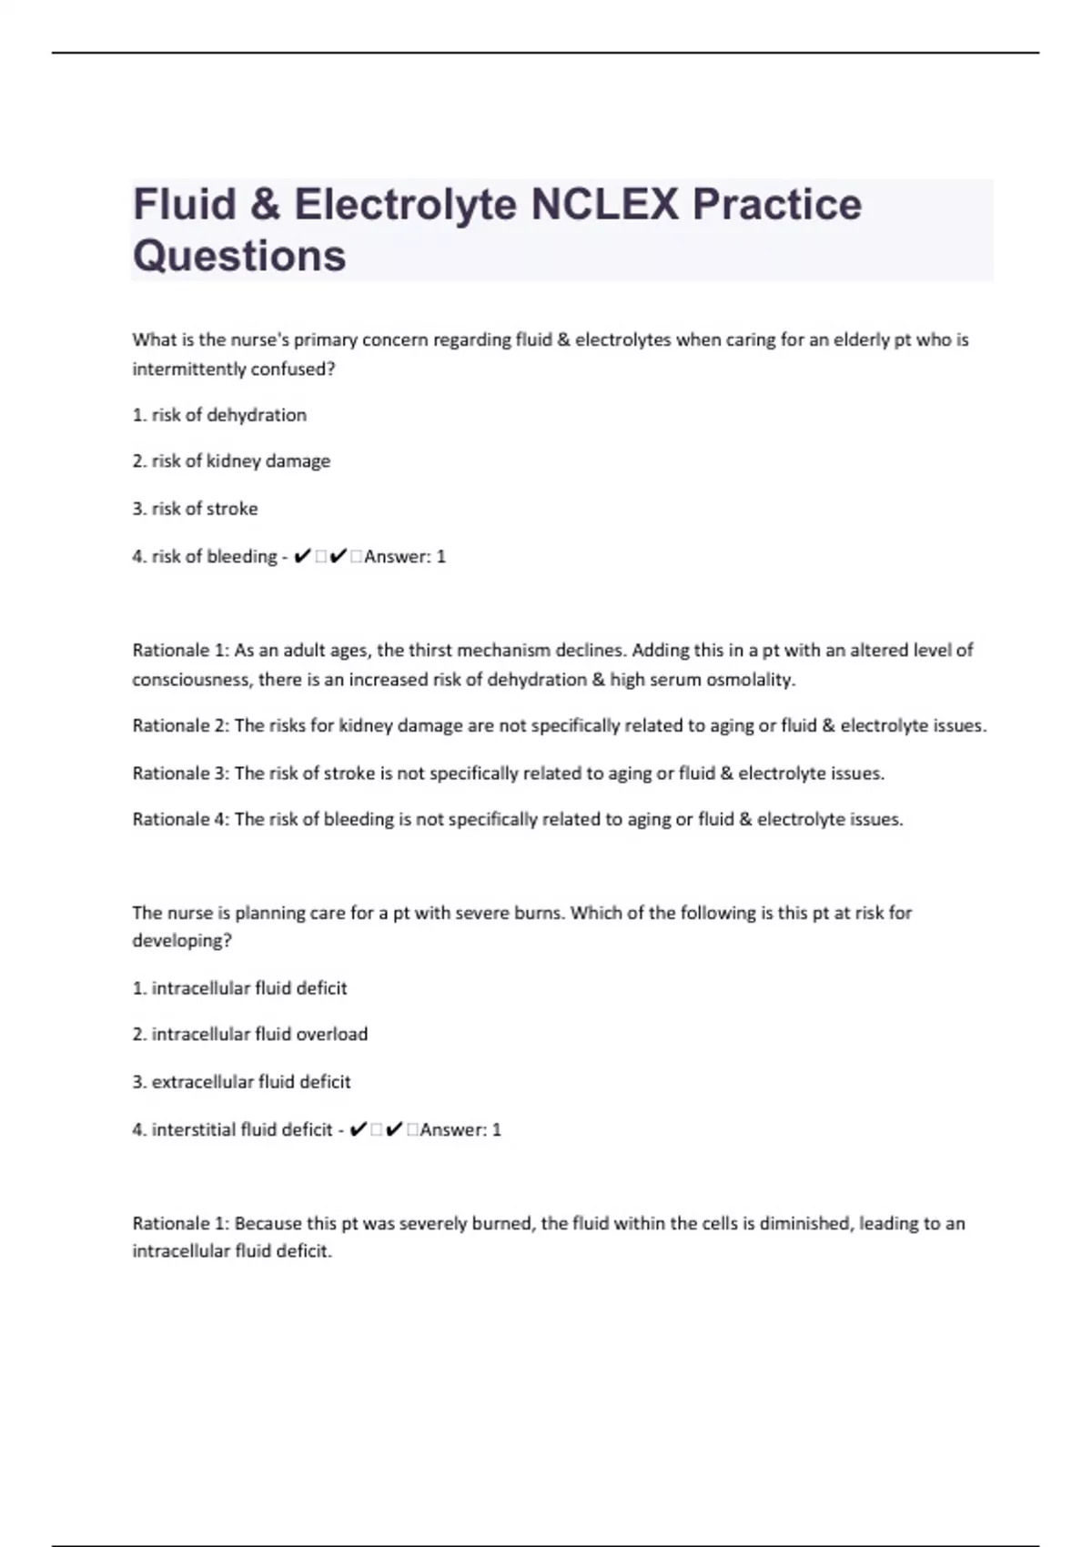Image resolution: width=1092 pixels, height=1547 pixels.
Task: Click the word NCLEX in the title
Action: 604,204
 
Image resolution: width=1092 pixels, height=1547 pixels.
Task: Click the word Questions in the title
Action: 239,256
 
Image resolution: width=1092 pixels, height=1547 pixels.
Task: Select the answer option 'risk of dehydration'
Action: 228,415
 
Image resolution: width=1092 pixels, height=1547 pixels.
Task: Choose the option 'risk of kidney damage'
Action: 240,461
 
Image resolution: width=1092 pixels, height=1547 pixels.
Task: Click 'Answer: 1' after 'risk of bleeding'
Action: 405,556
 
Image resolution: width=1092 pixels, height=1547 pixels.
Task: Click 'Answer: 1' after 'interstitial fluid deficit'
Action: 460,1129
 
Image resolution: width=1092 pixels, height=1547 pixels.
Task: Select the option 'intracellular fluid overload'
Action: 259,1035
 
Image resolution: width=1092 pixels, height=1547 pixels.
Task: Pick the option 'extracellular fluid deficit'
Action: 250,1082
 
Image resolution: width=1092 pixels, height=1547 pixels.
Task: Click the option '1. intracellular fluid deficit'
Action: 240,988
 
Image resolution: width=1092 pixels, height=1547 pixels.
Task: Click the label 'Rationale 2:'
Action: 180,726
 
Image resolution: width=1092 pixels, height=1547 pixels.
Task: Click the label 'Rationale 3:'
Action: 180,773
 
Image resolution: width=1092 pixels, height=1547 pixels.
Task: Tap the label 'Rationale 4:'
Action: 180,819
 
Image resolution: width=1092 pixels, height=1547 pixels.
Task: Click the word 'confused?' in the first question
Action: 298,369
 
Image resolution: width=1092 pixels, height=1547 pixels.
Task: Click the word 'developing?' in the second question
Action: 182,941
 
